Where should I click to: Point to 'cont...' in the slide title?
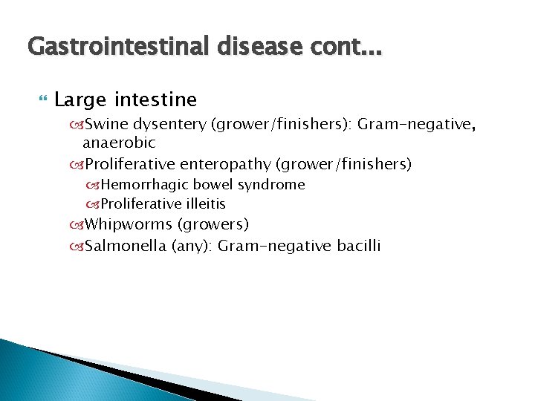[344, 47]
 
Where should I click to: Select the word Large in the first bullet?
[79, 100]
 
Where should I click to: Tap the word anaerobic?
[119, 142]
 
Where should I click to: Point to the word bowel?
[213, 184]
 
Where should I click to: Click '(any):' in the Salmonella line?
[192, 246]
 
